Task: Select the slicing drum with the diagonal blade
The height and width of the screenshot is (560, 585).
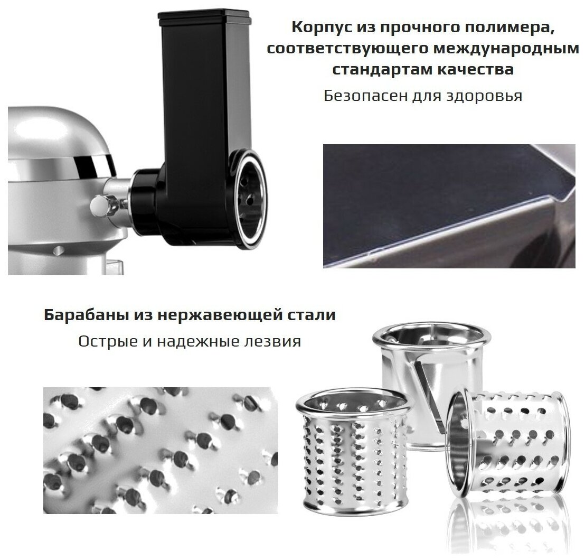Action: pyautogui.click(x=430, y=381)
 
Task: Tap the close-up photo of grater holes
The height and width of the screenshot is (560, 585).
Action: pyautogui.click(x=161, y=450)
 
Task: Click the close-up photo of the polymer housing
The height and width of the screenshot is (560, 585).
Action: pyautogui.click(x=449, y=206)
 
